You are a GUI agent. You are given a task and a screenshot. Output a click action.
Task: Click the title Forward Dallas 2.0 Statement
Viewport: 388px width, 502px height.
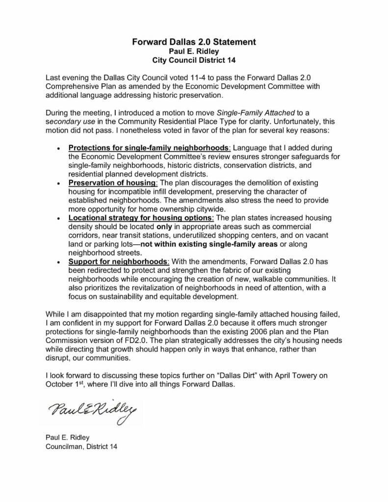pos(194,43)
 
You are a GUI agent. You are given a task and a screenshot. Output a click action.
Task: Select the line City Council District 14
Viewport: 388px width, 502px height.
pos(194,60)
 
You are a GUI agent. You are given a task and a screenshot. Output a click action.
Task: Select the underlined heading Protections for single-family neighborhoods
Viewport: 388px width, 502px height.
pos(148,148)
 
